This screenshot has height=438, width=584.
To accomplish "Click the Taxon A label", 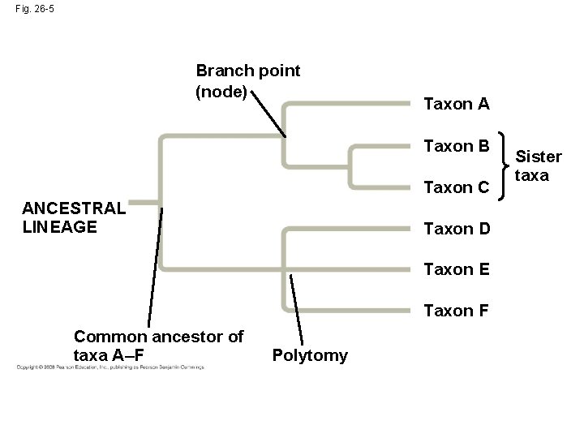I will [x=457, y=104].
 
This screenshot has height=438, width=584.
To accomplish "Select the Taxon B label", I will [x=457, y=147].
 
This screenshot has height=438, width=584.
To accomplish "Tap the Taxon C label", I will [x=457, y=187].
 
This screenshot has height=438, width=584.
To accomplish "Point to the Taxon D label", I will [x=457, y=229].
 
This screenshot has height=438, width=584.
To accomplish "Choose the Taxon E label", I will [x=457, y=269].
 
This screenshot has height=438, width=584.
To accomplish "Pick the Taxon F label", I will [x=457, y=311].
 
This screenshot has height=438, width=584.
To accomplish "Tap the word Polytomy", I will [x=310, y=355].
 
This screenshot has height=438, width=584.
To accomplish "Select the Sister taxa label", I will [x=539, y=165].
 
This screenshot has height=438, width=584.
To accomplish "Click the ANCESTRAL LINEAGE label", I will [x=74, y=217].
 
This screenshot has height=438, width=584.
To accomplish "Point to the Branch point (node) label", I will [x=247, y=81].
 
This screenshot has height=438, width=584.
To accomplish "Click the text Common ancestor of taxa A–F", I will [x=158, y=346].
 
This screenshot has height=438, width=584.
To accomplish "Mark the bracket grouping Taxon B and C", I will [x=506, y=166].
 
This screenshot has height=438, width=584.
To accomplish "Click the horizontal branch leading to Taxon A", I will [x=349, y=104].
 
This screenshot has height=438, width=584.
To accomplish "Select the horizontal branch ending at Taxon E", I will [x=349, y=268].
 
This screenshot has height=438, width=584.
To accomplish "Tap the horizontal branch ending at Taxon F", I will [x=349, y=310].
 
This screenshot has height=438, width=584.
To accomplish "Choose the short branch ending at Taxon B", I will [x=381, y=147].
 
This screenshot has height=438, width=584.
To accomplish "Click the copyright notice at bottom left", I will [x=110, y=367].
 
